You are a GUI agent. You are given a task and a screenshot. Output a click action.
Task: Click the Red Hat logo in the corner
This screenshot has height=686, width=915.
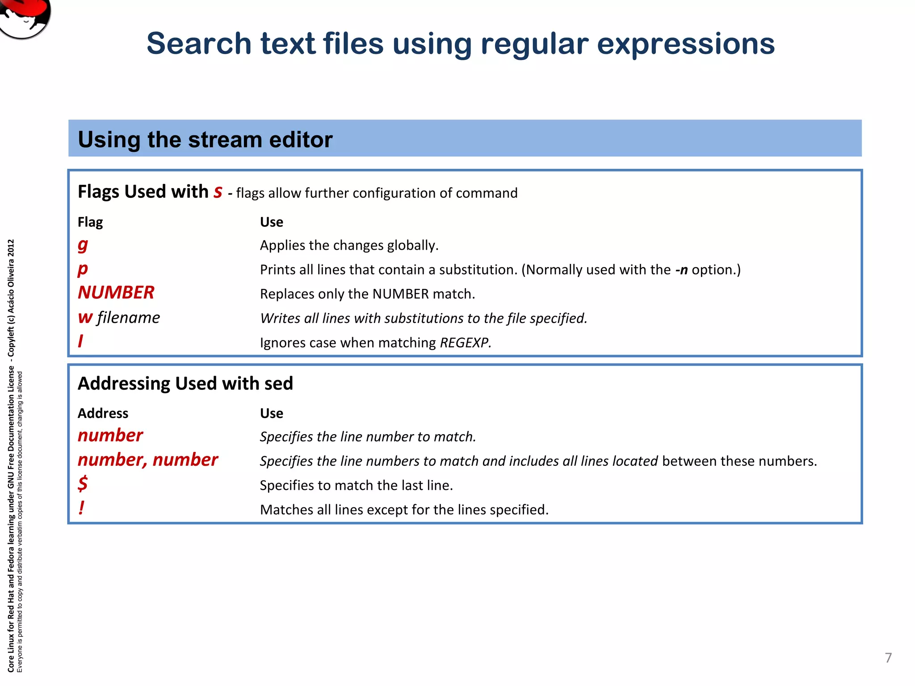click(25, 17)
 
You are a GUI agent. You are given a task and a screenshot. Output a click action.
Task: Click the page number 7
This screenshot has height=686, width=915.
click(888, 657)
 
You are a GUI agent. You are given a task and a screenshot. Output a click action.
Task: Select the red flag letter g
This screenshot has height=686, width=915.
click(83, 245)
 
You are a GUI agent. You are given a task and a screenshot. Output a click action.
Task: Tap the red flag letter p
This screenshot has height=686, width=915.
click(83, 269)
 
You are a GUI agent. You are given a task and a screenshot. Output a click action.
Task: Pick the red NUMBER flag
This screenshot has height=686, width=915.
click(116, 293)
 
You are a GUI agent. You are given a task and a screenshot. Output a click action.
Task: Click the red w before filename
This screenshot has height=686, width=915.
click(85, 318)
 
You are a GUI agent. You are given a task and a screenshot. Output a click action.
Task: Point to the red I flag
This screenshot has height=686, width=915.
click(80, 342)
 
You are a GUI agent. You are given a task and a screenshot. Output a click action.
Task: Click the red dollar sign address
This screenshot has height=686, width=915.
click(83, 484)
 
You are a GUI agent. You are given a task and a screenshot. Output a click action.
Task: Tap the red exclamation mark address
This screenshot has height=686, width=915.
click(81, 508)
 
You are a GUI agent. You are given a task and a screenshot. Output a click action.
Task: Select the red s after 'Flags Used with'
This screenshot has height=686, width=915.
click(218, 192)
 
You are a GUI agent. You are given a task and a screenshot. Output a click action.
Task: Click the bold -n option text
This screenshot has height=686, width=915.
click(681, 270)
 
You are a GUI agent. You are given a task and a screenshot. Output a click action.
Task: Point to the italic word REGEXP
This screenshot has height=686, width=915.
click(465, 343)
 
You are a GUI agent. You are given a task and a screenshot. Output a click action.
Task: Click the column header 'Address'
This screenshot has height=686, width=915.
click(103, 413)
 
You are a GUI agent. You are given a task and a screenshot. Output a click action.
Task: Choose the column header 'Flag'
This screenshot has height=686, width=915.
click(90, 222)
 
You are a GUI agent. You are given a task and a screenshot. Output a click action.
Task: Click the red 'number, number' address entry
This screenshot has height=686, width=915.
click(147, 460)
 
